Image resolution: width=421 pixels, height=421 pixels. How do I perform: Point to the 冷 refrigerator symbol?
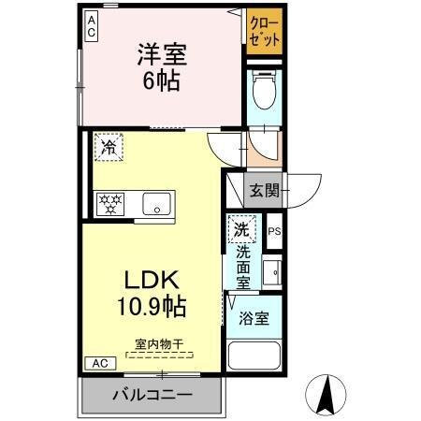[109, 146]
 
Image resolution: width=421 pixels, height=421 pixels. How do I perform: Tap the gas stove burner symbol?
[110, 202]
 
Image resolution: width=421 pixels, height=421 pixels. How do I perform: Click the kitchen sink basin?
[154, 202]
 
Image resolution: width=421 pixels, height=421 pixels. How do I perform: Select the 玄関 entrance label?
[264, 191]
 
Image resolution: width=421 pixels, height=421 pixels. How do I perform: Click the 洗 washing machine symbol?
[241, 230]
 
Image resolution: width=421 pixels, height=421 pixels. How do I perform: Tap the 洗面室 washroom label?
[242, 267]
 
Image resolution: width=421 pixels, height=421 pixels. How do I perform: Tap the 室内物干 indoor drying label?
[153, 344]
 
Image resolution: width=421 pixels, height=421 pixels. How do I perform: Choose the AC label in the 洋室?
[92, 25]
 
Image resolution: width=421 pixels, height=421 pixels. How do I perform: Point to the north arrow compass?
[327, 393]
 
